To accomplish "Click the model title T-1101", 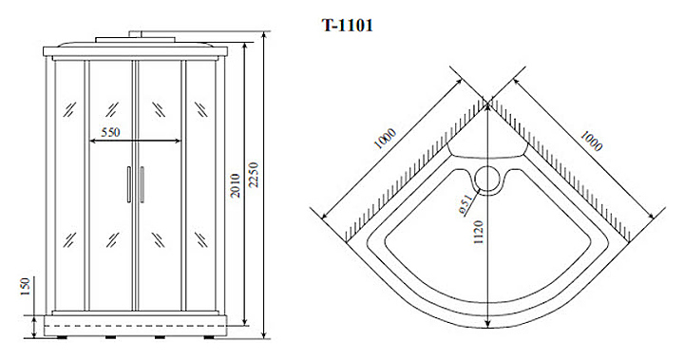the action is pyautogui.click(x=348, y=26).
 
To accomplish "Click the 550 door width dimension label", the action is pyautogui.click(x=110, y=132).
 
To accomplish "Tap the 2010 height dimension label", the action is pyautogui.click(x=236, y=185).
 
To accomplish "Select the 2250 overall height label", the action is pyautogui.click(x=254, y=175).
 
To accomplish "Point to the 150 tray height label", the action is pyautogui.click(x=25, y=287).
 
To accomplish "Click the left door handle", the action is pyautogui.click(x=128, y=184).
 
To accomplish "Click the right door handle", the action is pyautogui.click(x=142, y=184).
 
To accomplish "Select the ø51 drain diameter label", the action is pyautogui.click(x=465, y=205).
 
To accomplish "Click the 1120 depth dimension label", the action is pyautogui.click(x=479, y=232).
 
